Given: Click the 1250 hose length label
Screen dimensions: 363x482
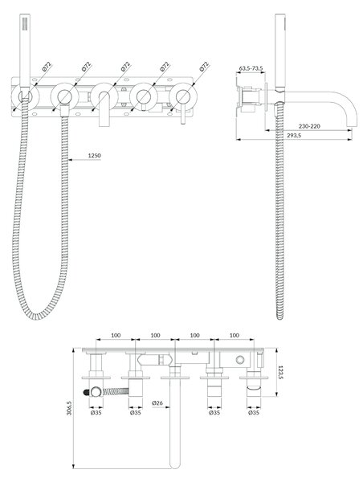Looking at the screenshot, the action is (94, 156).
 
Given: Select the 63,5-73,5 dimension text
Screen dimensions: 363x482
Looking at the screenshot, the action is (251, 68).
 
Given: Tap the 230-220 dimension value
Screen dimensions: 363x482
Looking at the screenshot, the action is (309, 126).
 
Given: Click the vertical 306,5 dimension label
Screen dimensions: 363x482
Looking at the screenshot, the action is (69, 408).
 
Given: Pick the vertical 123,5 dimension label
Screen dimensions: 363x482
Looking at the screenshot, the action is (280, 372).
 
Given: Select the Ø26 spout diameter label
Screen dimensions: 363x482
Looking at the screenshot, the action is (157, 402).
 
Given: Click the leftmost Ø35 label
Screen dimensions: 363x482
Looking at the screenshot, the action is (96, 413).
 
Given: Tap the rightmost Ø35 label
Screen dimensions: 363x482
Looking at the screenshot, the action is (254, 413).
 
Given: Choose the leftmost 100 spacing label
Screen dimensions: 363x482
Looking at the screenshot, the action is (116, 335).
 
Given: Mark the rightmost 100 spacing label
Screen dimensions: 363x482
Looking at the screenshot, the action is (235, 335).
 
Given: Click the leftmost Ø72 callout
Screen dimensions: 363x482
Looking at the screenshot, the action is (47, 67).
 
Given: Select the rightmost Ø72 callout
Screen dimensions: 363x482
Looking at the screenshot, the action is (205, 67).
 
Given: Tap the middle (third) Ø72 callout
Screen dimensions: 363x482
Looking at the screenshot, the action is (126, 67).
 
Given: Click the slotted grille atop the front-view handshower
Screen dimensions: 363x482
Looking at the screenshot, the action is (25, 23).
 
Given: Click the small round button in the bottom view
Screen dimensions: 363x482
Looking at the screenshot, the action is (240, 359).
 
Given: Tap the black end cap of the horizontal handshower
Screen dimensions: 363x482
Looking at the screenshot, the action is (87, 392).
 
